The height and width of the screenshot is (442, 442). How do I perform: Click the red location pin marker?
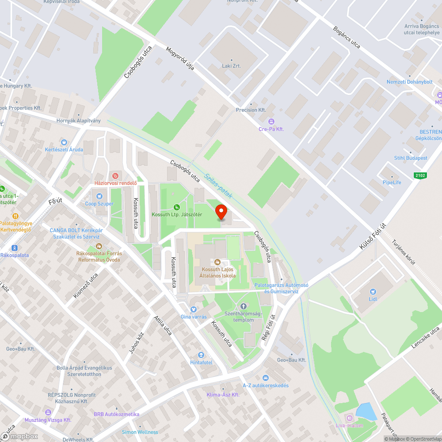point(221,212)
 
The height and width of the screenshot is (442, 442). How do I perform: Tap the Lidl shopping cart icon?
point(373,291)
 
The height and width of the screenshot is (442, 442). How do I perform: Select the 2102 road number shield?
point(421,175)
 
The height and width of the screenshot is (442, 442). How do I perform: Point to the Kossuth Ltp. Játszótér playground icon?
point(177,207)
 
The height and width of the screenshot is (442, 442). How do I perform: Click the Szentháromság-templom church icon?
point(243,306)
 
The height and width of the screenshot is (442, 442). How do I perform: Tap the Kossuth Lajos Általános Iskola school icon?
point(217,262)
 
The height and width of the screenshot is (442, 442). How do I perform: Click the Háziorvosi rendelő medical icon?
point(116,175)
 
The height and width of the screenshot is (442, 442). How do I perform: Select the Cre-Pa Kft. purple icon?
point(271,122)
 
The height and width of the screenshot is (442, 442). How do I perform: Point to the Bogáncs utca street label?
point(347,38)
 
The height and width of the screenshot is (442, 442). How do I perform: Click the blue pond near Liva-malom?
point(366,411)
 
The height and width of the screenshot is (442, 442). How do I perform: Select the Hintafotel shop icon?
point(202,355)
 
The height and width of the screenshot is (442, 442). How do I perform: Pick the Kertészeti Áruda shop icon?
point(64,142)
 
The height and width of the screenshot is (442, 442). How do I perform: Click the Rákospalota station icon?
point(15,248)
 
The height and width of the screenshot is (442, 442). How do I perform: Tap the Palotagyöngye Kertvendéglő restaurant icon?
point(15,216)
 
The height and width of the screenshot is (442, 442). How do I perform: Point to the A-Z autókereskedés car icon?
point(265,378)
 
